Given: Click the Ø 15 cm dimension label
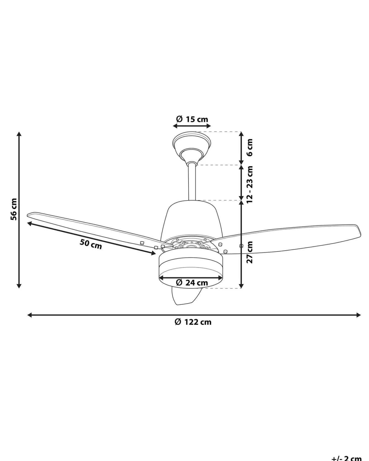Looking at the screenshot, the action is [x=192, y=119].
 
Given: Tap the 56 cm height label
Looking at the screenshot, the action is [x=14, y=209].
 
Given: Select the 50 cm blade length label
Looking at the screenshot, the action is [x=91, y=244].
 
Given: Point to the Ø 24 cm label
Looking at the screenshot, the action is [x=192, y=283].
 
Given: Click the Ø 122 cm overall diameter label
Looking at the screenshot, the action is [x=193, y=322].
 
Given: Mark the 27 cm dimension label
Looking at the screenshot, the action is [x=249, y=252].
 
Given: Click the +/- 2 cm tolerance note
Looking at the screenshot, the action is [x=347, y=458].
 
